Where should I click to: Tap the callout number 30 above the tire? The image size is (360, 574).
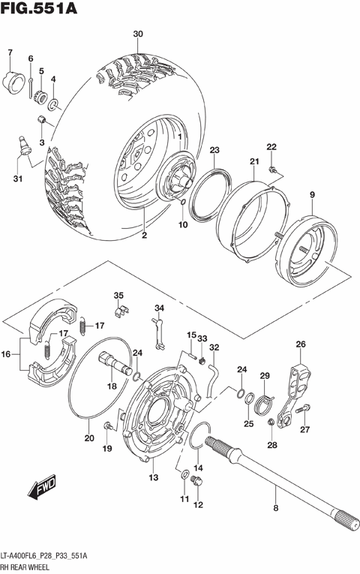(137, 35)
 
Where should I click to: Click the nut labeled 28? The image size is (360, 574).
(270, 427)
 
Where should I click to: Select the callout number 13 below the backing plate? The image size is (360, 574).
(153, 477)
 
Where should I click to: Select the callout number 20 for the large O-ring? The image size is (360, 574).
(89, 438)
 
